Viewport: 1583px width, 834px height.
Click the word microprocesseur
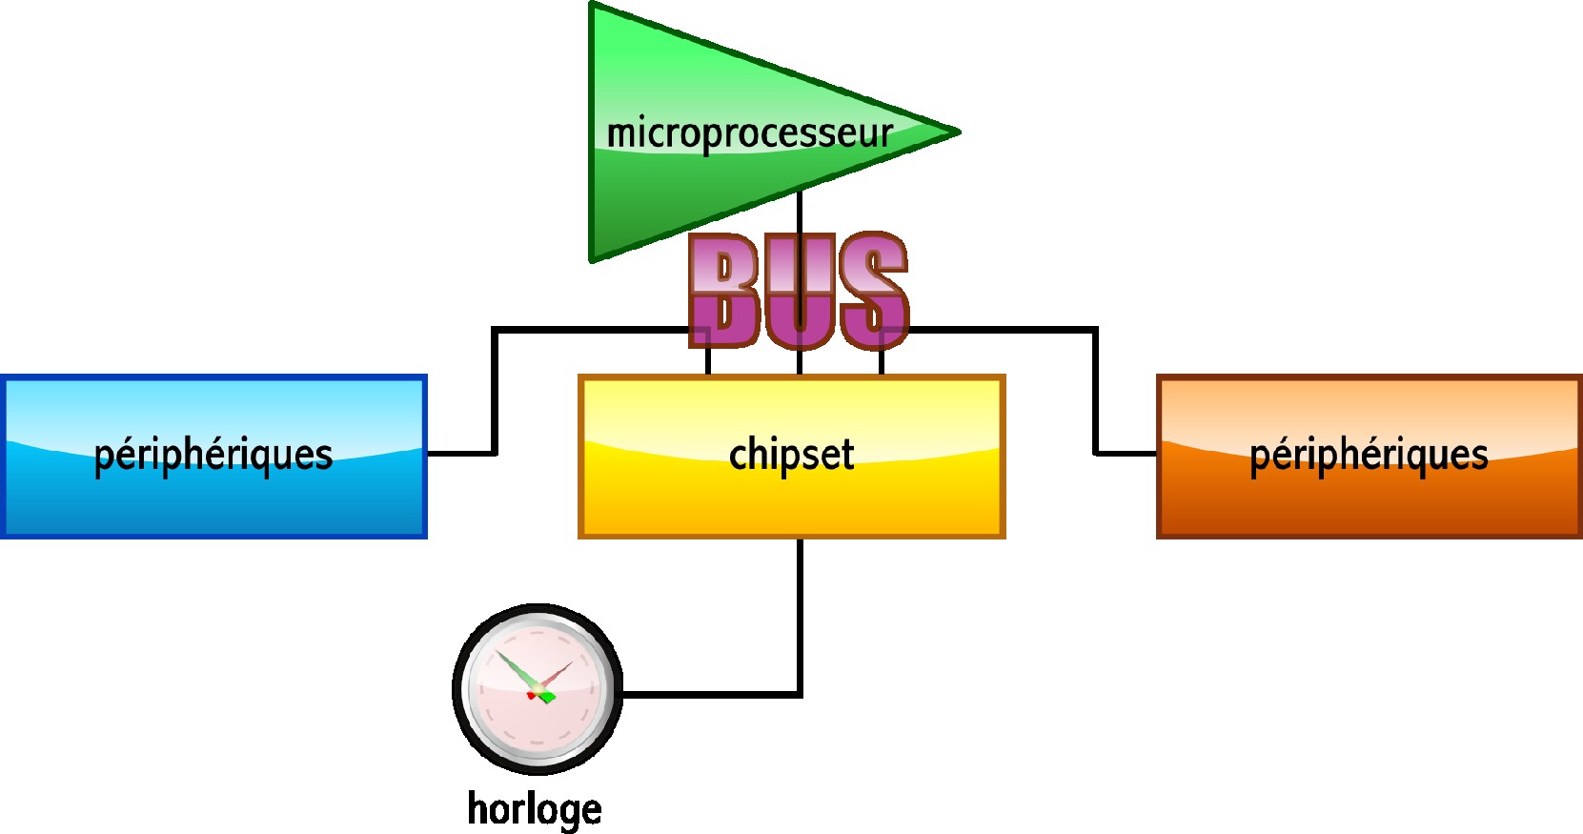click(749, 133)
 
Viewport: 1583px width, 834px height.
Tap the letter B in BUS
click(724, 290)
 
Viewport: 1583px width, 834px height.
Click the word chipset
click(791, 455)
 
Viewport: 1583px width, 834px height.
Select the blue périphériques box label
click(213, 455)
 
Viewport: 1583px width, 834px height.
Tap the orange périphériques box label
click(1369, 455)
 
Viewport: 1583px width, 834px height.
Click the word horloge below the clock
click(534, 809)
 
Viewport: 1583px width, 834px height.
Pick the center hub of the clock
click(537, 688)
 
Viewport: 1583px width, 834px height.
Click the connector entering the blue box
click(462, 453)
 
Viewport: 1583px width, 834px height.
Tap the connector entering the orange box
click(1125, 453)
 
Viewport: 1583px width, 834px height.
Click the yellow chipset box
click(667, 496)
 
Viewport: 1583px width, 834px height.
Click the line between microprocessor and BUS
click(800, 212)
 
